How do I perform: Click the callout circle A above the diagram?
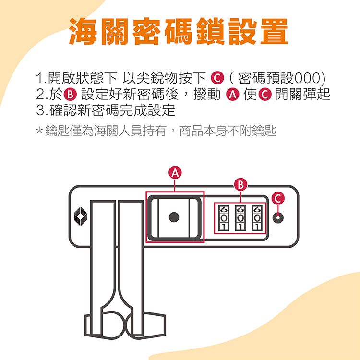[175, 173]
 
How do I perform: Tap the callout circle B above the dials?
[240, 185]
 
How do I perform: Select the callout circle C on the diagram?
[278, 198]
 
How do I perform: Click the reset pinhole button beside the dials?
[278, 217]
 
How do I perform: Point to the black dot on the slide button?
[174, 217]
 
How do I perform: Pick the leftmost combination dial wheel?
[223, 218]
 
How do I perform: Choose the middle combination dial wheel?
[240, 218]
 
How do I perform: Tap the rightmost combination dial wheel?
[257, 218]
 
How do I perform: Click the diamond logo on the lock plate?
[80, 216]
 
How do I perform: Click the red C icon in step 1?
[217, 78]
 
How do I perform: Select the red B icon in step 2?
[70, 95]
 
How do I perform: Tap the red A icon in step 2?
[233, 95]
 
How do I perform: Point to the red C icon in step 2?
[265, 95]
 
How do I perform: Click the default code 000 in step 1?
[307, 78]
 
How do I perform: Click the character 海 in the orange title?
[83, 31]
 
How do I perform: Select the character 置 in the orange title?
[274, 31]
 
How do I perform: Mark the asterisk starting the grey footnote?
[39, 131]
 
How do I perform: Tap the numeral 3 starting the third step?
[40, 110]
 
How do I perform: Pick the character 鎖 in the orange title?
[210, 31]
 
